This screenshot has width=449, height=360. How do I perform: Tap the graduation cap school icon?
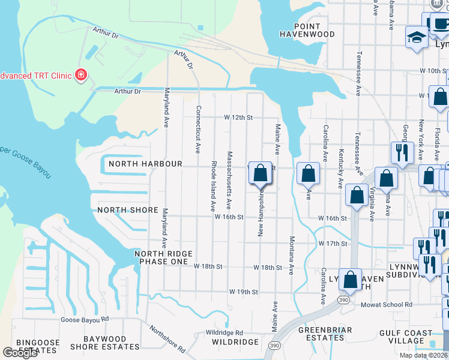[415, 37]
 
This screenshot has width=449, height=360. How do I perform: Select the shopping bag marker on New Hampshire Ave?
[260, 173]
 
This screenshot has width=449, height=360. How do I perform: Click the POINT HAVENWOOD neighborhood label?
[307, 31]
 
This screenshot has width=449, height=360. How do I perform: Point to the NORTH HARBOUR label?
[145, 164]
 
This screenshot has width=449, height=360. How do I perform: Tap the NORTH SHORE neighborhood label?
[128, 211]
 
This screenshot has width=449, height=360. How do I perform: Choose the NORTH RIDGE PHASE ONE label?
[161, 258]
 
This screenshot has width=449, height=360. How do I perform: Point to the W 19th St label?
[243, 292]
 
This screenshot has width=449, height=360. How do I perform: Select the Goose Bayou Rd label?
[84, 319]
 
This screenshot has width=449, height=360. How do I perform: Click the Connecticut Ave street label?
[197, 129]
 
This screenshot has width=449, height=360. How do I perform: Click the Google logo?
[20, 352]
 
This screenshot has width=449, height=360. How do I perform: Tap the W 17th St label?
[333, 244]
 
